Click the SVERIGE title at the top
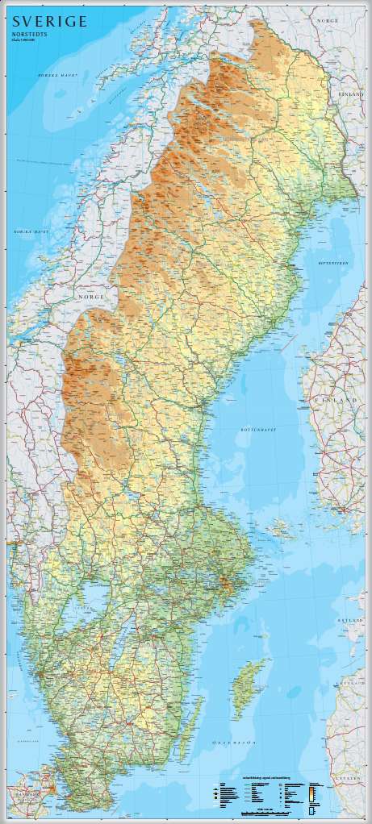49,22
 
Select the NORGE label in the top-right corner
328,19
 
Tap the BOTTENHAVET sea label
258,430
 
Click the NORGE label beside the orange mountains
91,297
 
